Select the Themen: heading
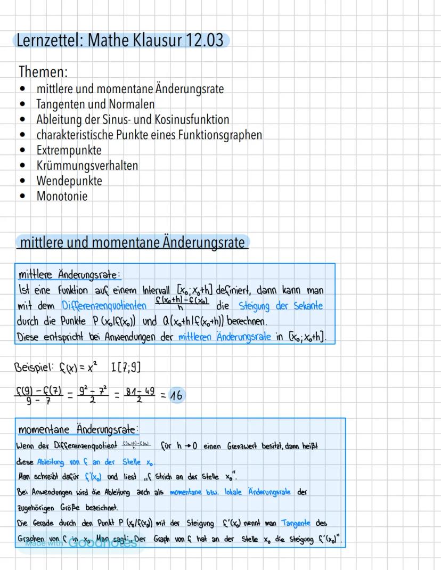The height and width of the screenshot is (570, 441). [43, 71]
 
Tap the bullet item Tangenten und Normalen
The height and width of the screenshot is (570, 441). [95, 104]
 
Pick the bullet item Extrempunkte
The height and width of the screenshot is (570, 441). [69, 150]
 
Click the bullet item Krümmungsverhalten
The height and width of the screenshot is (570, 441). [87, 165]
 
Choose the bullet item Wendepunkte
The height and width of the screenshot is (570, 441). [69, 181]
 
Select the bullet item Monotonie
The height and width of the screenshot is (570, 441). [62, 196]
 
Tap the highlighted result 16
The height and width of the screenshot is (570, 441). [176, 395]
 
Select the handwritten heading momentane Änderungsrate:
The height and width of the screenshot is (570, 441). [78, 429]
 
